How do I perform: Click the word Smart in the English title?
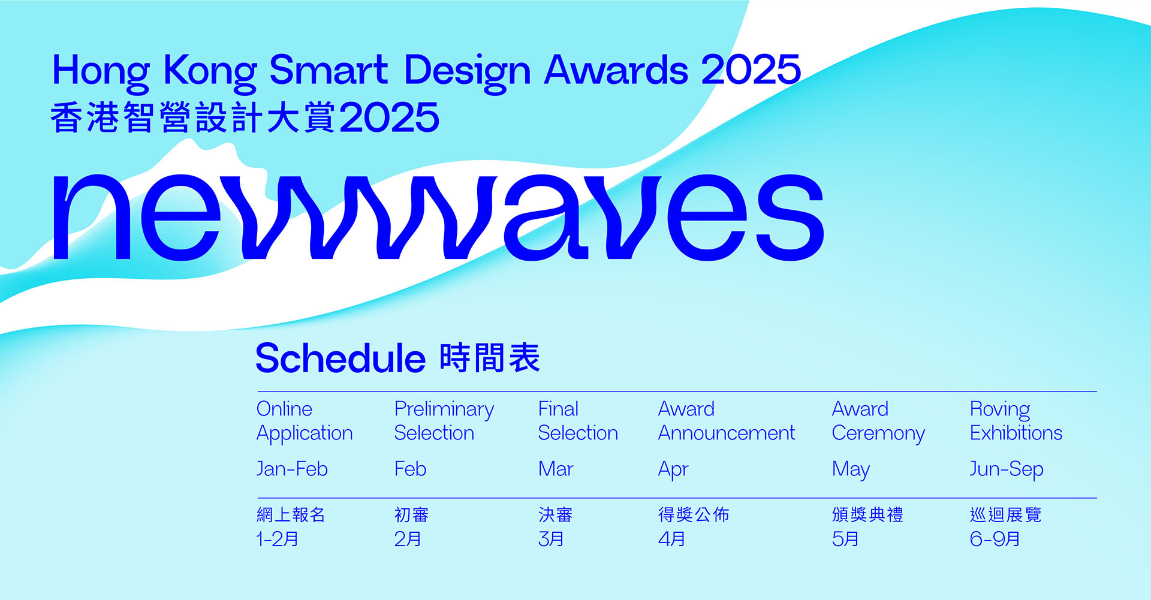329,70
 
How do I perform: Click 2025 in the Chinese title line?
390,117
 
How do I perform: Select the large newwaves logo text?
438,217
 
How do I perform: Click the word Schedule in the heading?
341,358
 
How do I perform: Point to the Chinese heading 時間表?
490,358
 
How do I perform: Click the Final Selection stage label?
578,421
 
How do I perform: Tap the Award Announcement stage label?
727,421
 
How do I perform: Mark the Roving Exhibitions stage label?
1016,421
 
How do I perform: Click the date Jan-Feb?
292,469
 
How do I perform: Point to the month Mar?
556,469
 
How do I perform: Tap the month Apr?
673,470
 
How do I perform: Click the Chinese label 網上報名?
291,514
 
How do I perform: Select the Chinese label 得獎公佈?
694,514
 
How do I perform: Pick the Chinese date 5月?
845,539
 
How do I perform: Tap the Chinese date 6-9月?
995,539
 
